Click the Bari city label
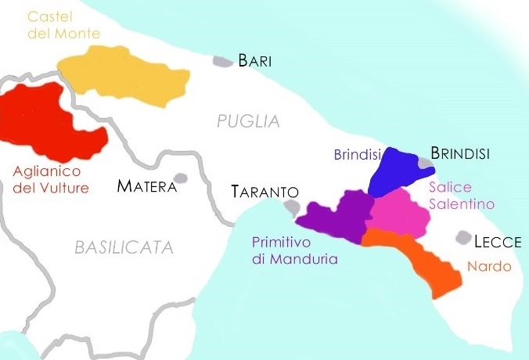[255, 61]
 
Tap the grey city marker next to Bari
[223, 60]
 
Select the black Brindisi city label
[460, 154]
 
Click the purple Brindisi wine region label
[357, 155]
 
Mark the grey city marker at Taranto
[292, 207]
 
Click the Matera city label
[146, 186]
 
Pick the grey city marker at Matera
[181, 178]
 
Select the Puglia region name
[248, 121]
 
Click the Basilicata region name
[124, 247]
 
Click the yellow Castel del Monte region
[125, 76]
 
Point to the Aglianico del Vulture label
[51, 179]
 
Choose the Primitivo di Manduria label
[294, 250]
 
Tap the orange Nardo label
[489, 267]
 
